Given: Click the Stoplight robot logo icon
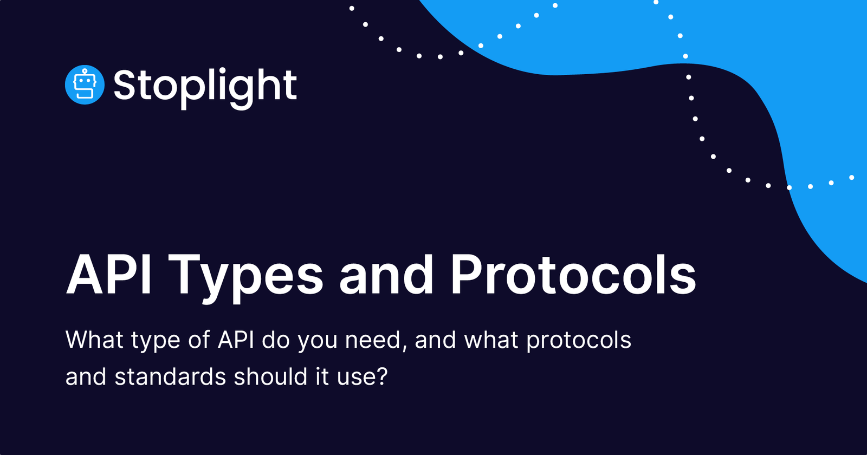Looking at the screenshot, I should [85, 85].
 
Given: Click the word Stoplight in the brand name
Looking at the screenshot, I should [205, 86].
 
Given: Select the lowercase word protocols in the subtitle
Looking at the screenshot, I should [579, 340].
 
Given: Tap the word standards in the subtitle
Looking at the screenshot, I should [170, 377].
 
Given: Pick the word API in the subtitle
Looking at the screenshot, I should [236, 340].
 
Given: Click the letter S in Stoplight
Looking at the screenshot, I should [124, 86].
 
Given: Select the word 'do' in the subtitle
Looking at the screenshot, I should [276, 340].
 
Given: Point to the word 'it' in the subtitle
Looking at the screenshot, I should [322, 377].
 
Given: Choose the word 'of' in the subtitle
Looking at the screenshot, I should [199, 340].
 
